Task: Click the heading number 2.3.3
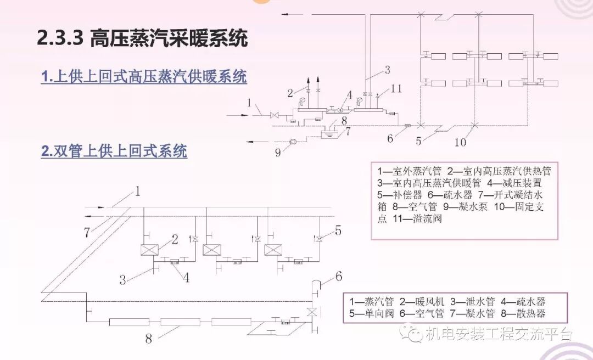click(x=59, y=39)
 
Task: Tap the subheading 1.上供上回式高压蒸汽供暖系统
click(x=144, y=77)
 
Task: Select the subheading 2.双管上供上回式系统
click(x=114, y=150)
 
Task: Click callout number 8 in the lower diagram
click(x=149, y=338)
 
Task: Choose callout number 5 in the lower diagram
click(x=338, y=231)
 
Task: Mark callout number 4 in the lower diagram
click(x=186, y=277)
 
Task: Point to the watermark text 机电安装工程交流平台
click(x=499, y=334)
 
